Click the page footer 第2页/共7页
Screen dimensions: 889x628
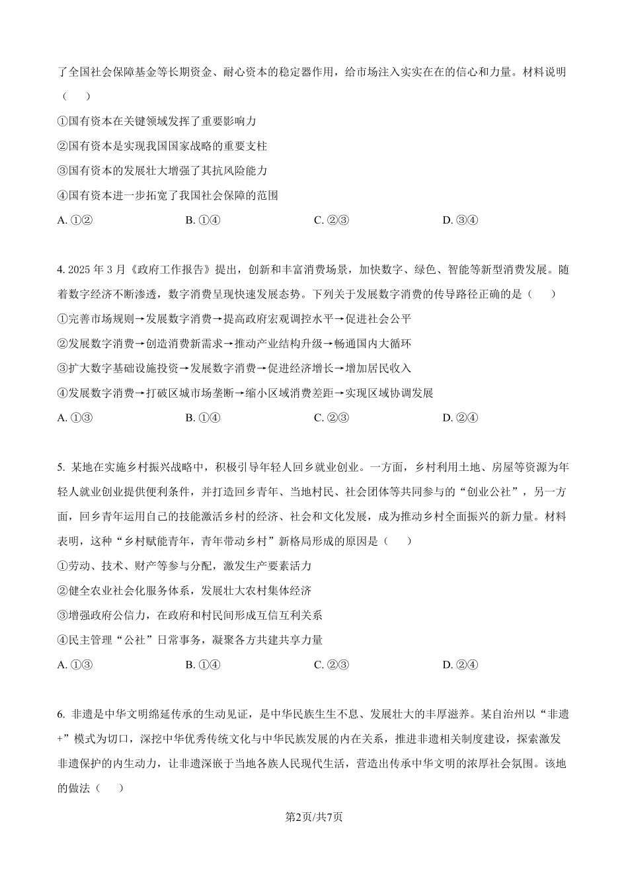(x=313, y=817)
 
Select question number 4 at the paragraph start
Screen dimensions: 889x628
(x=60, y=270)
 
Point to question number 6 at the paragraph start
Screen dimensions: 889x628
(x=60, y=714)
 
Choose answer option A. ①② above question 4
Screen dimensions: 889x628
(x=75, y=220)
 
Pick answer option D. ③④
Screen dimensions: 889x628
(x=459, y=220)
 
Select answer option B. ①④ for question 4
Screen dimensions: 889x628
(x=203, y=417)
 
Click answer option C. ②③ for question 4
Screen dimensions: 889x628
(x=331, y=417)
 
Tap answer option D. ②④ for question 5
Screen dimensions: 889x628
(x=459, y=665)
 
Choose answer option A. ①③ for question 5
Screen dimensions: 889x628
(x=75, y=665)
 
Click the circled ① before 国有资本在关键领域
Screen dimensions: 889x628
(x=63, y=122)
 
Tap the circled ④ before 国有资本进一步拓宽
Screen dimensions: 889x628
(x=63, y=196)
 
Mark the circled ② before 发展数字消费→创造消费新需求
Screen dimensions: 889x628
(x=63, y=344)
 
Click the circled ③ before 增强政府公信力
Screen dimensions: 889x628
(x=63, y=616)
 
